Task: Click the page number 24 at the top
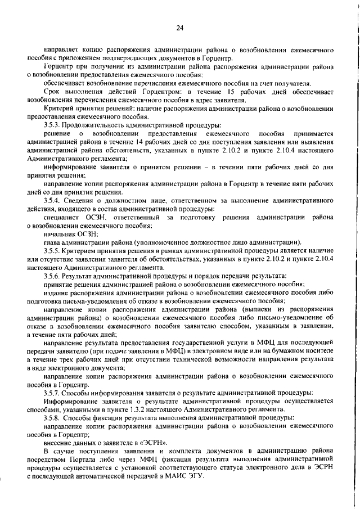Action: click(180, 28)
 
